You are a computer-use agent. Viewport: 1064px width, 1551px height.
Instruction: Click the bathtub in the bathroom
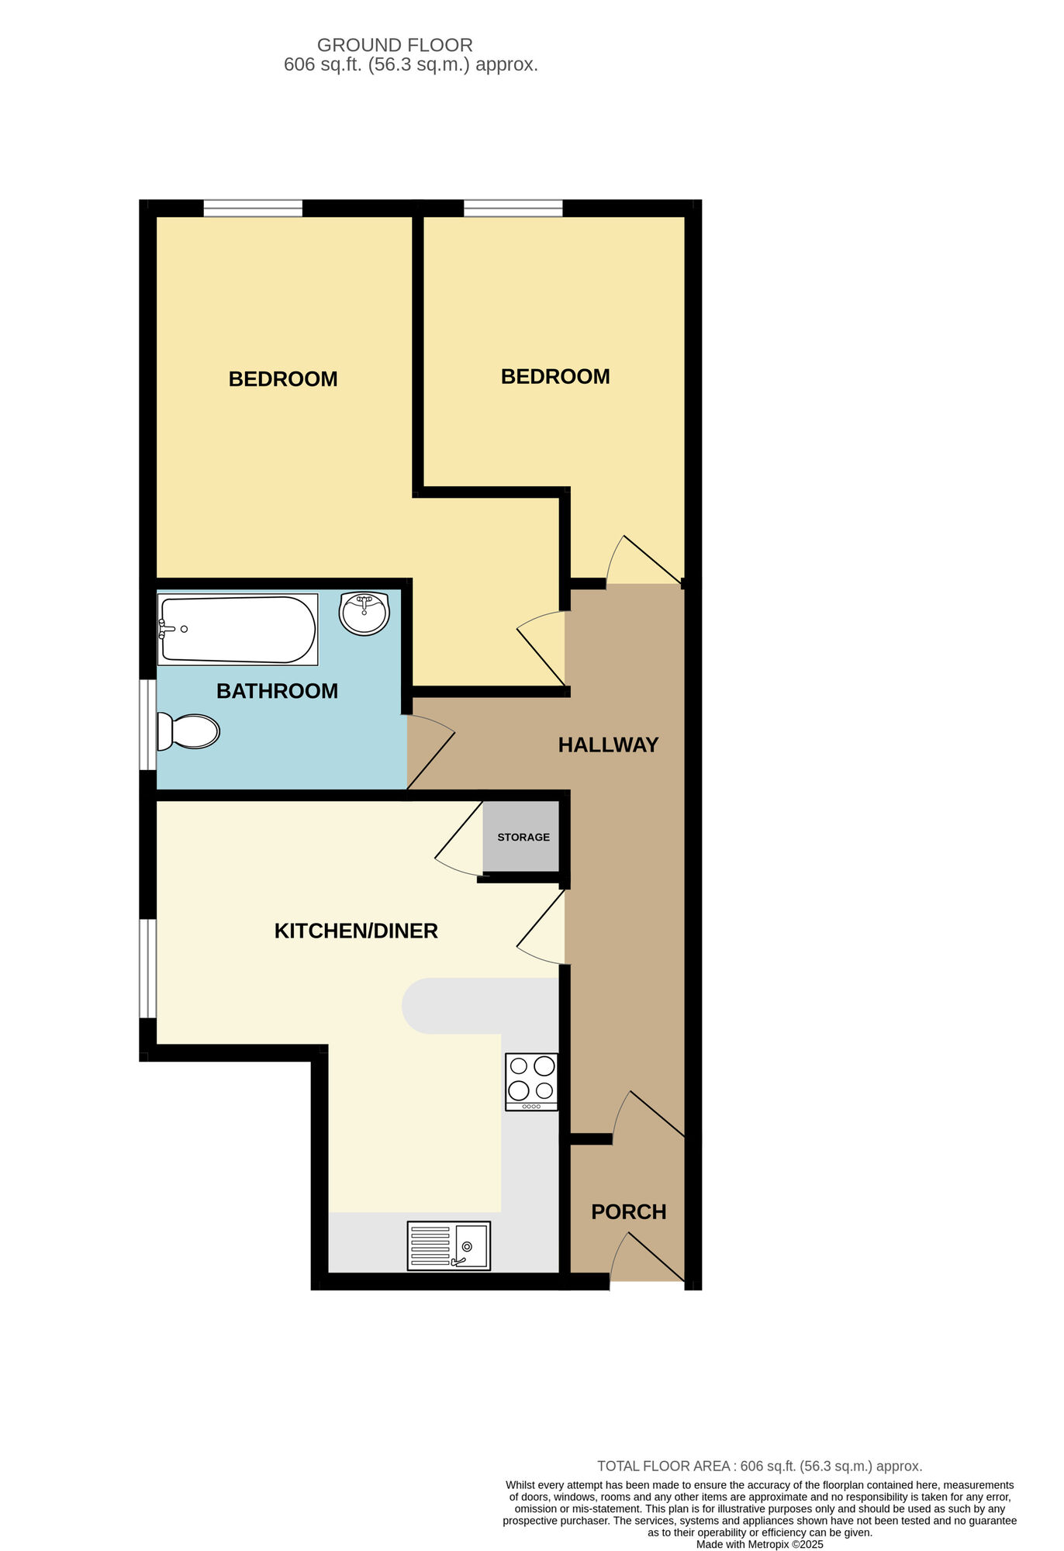[237, 629]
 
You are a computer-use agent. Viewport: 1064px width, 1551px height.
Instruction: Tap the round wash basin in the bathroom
[364, 613]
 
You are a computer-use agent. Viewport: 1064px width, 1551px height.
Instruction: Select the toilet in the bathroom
[188, 731]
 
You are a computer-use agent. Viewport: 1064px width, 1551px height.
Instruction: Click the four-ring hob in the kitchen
[531, 1081]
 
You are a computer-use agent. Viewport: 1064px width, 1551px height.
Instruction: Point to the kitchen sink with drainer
[448, 1246]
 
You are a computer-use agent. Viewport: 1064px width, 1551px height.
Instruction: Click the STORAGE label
[523, 838]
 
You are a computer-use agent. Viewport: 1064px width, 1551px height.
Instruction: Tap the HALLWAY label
[608, 745]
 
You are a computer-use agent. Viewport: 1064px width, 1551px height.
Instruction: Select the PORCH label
[628, 1212]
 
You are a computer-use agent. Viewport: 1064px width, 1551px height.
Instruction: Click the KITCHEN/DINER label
[356, 931]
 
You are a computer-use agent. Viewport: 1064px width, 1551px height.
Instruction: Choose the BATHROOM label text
[277, 691]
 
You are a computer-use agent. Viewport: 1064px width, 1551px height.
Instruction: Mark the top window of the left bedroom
[253, 208]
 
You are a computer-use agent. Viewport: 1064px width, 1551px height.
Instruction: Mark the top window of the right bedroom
[513, 208]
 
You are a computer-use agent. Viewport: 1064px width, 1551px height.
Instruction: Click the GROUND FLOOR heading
[395, 45]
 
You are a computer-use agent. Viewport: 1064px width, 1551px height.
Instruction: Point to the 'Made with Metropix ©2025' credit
[759, 1544]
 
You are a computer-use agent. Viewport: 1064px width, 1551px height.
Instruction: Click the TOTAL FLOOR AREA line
[759, 1466]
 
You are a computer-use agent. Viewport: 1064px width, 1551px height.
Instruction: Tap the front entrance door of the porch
[648, 1257]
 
